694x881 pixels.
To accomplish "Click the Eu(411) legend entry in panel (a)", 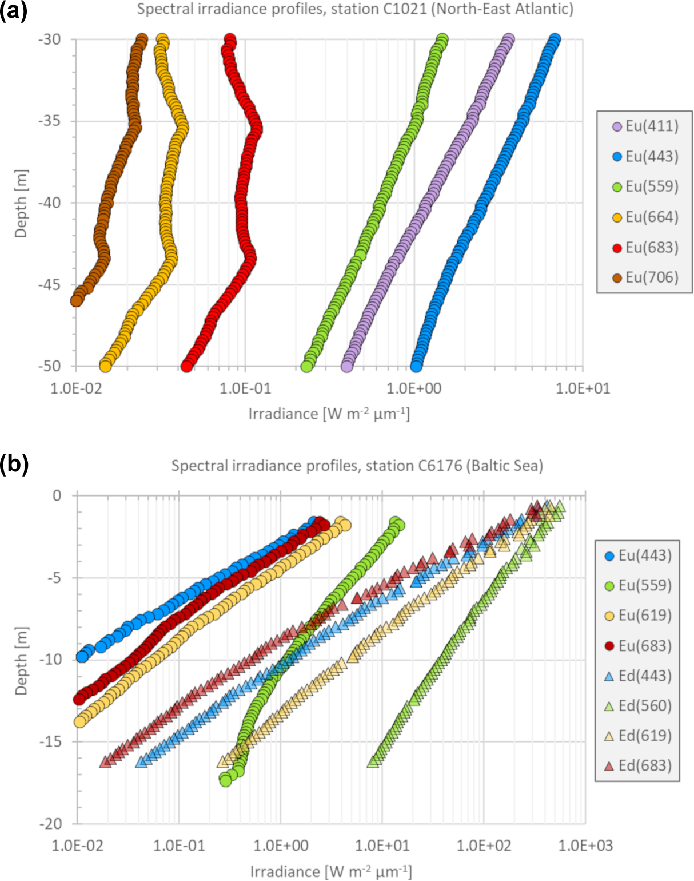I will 645,126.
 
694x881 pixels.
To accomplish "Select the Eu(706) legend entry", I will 645,277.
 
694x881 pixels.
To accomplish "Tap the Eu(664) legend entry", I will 645,217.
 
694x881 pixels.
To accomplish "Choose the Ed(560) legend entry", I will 638,706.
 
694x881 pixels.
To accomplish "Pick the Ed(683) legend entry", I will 638,766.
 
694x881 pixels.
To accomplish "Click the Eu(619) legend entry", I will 638,616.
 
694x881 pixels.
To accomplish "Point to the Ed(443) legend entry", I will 638,676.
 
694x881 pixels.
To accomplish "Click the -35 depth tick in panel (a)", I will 50,121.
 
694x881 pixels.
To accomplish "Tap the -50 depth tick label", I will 50,366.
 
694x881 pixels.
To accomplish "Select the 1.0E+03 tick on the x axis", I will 585,846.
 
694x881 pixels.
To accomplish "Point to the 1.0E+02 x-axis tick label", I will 484,846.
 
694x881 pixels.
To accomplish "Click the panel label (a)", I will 14,11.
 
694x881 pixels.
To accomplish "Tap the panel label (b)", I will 14,465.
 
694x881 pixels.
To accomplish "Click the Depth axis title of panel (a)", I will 21,203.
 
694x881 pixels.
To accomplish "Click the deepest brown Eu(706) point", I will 77,300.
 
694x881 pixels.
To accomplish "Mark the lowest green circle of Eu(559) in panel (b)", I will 226,780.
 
